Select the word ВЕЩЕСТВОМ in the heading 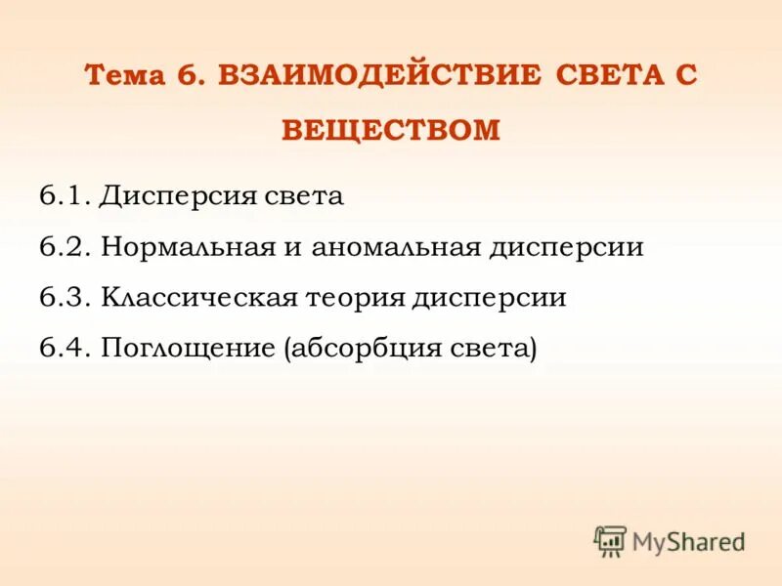point(391,130)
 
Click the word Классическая point(199,298)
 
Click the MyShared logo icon point(610,541)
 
